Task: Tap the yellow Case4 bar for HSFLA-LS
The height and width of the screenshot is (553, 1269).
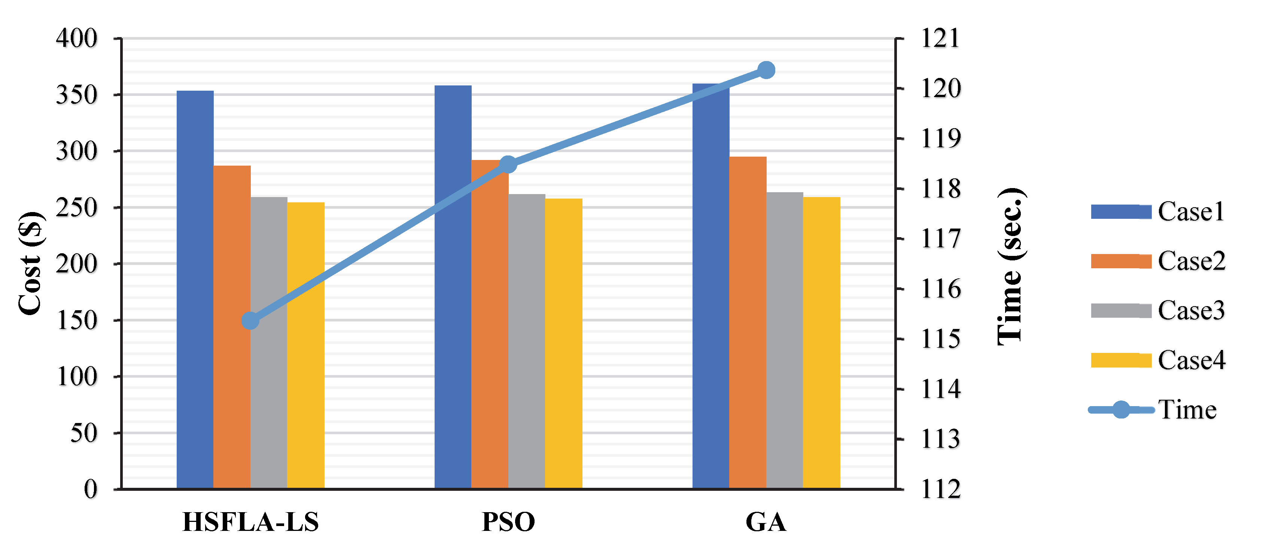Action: [306, 345]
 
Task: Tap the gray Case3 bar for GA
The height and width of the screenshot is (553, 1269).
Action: [785, 340]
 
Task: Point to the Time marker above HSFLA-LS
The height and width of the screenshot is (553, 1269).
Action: [250, 321]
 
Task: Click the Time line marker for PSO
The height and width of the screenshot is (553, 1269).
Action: [508, 164]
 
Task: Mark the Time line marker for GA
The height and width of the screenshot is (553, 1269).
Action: [766, 70]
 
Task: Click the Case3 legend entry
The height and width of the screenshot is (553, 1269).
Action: [1158, 311]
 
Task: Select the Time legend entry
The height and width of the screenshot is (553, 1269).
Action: [1153, 410]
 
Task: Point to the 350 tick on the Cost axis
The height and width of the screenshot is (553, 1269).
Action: [77, 95]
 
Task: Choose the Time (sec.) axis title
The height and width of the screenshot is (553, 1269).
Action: [1011, 266]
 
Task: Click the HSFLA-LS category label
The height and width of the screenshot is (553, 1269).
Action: [250, 522]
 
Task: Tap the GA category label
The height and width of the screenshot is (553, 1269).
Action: [766, 522]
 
